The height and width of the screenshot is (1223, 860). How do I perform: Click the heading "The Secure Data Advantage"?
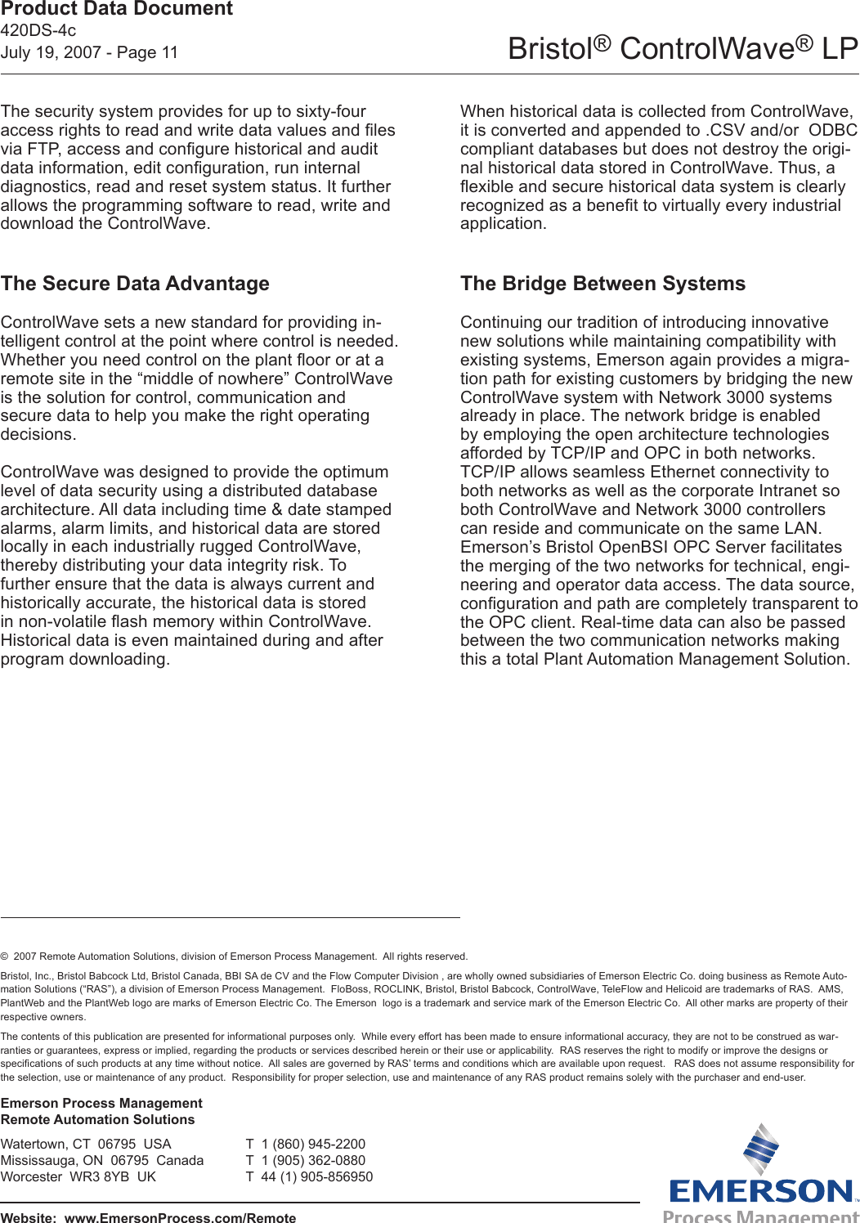(x=135, y=284)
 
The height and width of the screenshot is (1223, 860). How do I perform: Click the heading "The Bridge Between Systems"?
(x=602, y=284)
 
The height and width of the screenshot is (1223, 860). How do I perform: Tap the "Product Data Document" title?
(x=117, y=10)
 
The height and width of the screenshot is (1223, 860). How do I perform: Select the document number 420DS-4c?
(x=38, y=31)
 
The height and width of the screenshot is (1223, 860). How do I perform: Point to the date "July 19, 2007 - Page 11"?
(x=89, y=52)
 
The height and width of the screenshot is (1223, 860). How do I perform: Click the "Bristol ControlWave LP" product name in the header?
(x=683, y=49)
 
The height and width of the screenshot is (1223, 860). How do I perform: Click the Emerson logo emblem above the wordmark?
(x=760, y=1149)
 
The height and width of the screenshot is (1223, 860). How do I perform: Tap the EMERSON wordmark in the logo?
(x=761, y=1191)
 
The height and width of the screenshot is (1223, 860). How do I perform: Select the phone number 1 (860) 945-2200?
(x=313, y=1145)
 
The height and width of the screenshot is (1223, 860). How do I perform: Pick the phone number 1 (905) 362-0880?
(x=313, y=1161)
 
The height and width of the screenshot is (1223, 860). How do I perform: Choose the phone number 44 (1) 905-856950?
(x=316, y=1177)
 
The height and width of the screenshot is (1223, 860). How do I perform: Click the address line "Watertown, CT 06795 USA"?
(x=86, y=1145)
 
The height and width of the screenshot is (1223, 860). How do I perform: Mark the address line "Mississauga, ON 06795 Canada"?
(x=102, y=1161)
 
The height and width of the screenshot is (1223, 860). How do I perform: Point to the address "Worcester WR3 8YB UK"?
(x=78, y=1177)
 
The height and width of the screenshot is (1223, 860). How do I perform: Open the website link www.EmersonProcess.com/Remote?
(x=180, y=1217)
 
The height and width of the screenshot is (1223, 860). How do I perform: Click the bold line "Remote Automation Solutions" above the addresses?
(x=98, y=1120)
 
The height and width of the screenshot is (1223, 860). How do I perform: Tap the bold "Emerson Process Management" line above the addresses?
(x=101, y=1104)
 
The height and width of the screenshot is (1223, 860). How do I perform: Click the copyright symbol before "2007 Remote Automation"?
(x=5, y=956)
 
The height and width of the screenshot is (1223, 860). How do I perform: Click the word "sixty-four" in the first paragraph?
(x=327, y=112)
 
